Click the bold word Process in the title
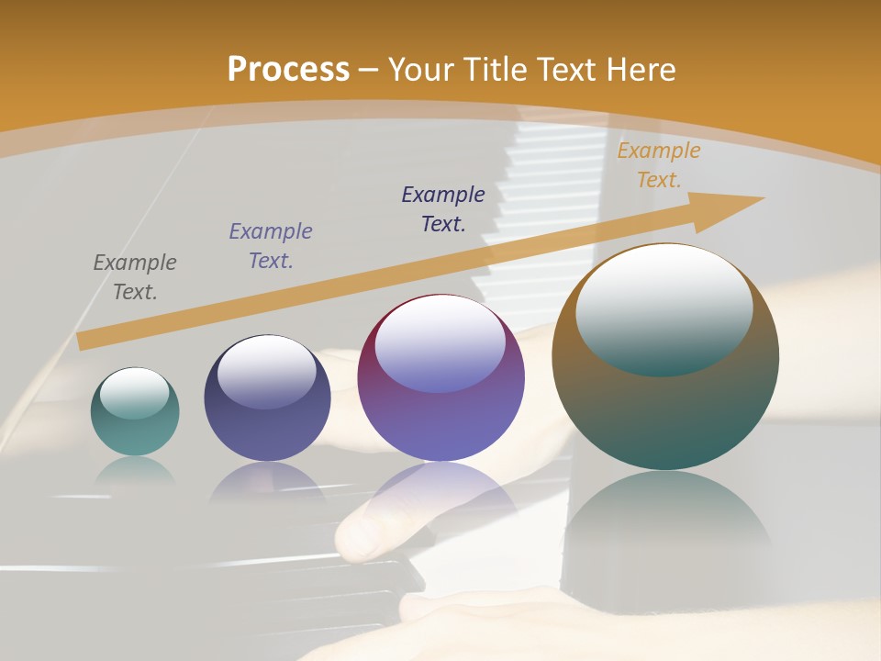[x=288, y=70]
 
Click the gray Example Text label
[x=135, y=277]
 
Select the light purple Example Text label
[x=271, y=246]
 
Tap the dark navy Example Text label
[x=443, y=208]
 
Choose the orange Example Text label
[x=659, y=165]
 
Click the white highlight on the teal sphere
[x=135, y=393]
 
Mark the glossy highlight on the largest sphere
[x=664, y=308]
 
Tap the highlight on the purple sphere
[x=440, y=344]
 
